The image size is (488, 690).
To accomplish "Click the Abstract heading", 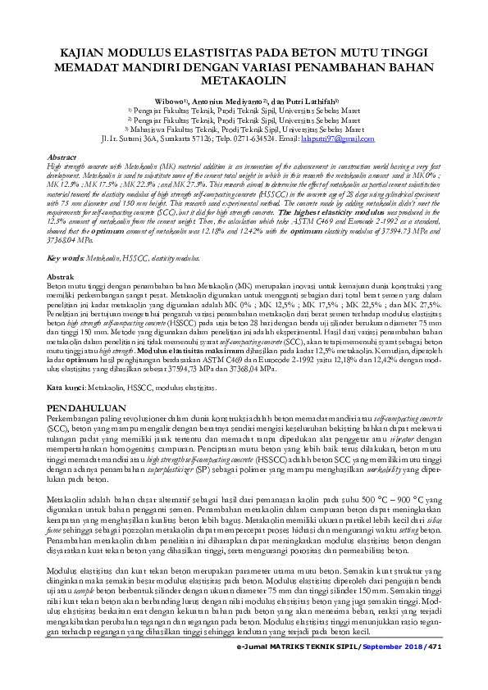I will pos(63,156).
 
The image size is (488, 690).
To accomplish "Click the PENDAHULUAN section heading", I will pos(86,407).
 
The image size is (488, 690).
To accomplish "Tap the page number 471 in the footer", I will pos(435,669).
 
